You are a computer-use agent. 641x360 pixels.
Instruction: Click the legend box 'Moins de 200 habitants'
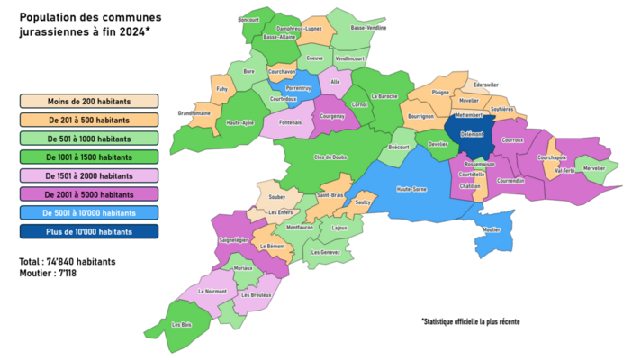pyautogui.click(x=88, y=101)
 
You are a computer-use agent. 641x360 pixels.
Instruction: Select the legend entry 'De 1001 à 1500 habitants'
pyautogui.click(x=88, y=157)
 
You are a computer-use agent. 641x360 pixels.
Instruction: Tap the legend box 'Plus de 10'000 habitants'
pyautogui.click(x=88, y=231)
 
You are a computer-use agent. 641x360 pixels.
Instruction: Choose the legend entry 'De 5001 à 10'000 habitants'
pyautogui.click(x=88, y=212)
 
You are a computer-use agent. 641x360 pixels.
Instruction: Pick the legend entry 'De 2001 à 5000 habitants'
pyautogui.click(x=88, y=193)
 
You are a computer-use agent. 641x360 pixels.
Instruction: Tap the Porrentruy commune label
pyautogui.click(x=298, y=87)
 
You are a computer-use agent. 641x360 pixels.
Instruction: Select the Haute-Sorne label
pyautogui.click(x=411, y=188)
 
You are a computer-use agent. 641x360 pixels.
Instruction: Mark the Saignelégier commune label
pyautogui.click(x=234, y=239)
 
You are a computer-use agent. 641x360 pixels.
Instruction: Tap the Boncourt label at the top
pyautogui.click(x=248, y=19)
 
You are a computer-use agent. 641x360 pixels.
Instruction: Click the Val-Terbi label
pyautogui.click(x=565, y=170)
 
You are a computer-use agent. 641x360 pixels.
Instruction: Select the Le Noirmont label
pyautogui.click(x=212, y=291)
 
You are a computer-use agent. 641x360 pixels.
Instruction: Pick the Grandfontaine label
pyautogui.click(x=194, y=112)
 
